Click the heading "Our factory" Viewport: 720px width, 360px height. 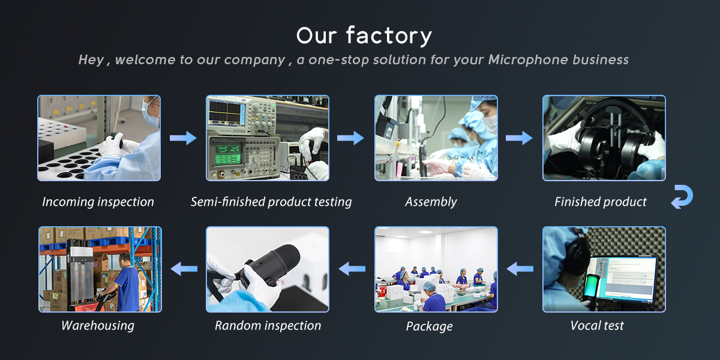364,36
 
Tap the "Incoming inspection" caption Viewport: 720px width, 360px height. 98,202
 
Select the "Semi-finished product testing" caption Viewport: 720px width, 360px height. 271,202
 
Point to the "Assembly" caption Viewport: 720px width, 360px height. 431,202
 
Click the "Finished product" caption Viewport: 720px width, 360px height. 601,202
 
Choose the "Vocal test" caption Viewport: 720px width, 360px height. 597,326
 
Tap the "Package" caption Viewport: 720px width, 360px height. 430,326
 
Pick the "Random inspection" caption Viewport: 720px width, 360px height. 268,326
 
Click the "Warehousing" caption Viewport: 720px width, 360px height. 98,326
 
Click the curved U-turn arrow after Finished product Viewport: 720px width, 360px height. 682,197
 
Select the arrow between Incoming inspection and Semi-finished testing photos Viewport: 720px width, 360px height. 183,138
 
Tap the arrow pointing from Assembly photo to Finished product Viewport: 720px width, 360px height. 519,138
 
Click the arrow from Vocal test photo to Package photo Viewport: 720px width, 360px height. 520,269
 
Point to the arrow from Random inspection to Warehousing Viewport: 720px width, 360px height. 184,269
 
